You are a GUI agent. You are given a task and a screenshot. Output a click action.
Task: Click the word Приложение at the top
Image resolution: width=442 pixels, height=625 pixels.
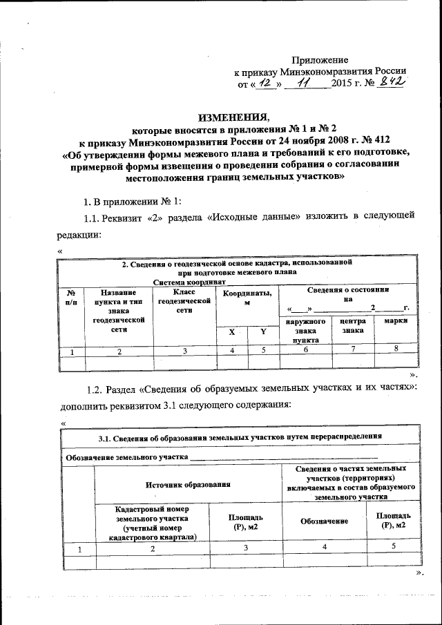[320, 61]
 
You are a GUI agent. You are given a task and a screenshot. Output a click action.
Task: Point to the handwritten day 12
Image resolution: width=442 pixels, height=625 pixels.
[267, 84]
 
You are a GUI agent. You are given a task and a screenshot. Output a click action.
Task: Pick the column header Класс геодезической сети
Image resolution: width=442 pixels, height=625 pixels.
[184, 302]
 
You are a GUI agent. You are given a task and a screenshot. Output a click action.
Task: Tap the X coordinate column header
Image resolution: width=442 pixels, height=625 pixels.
[232, 332]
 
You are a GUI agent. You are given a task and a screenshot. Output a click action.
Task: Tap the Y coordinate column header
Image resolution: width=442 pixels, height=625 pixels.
[262, 332]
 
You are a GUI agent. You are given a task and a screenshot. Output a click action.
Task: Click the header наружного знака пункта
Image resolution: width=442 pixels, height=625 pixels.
[305, 330]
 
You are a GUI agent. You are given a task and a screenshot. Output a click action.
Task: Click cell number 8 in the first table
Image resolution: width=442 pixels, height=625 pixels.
[396, 349]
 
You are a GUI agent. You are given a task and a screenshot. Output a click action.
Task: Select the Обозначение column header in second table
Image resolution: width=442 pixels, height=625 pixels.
[324, 520]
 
